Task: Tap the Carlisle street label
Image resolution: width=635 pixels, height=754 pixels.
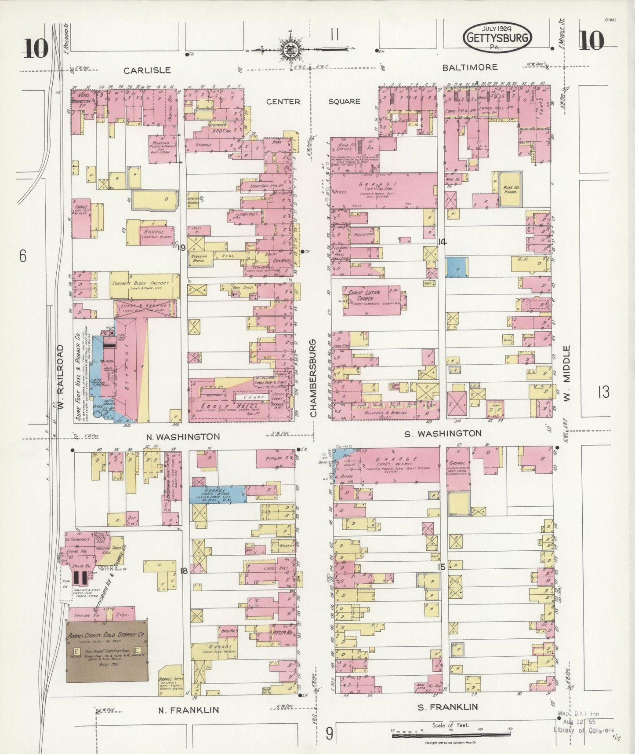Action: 147,70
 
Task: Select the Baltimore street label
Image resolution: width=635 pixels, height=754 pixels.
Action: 470,67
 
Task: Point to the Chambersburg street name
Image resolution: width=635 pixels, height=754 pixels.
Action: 313,378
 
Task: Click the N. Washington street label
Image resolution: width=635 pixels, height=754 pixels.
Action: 183,436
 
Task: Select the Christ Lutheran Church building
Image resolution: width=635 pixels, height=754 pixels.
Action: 373,299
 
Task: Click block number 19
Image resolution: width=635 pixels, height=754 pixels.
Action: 181,248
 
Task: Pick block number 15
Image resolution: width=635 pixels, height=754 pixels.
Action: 441,567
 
